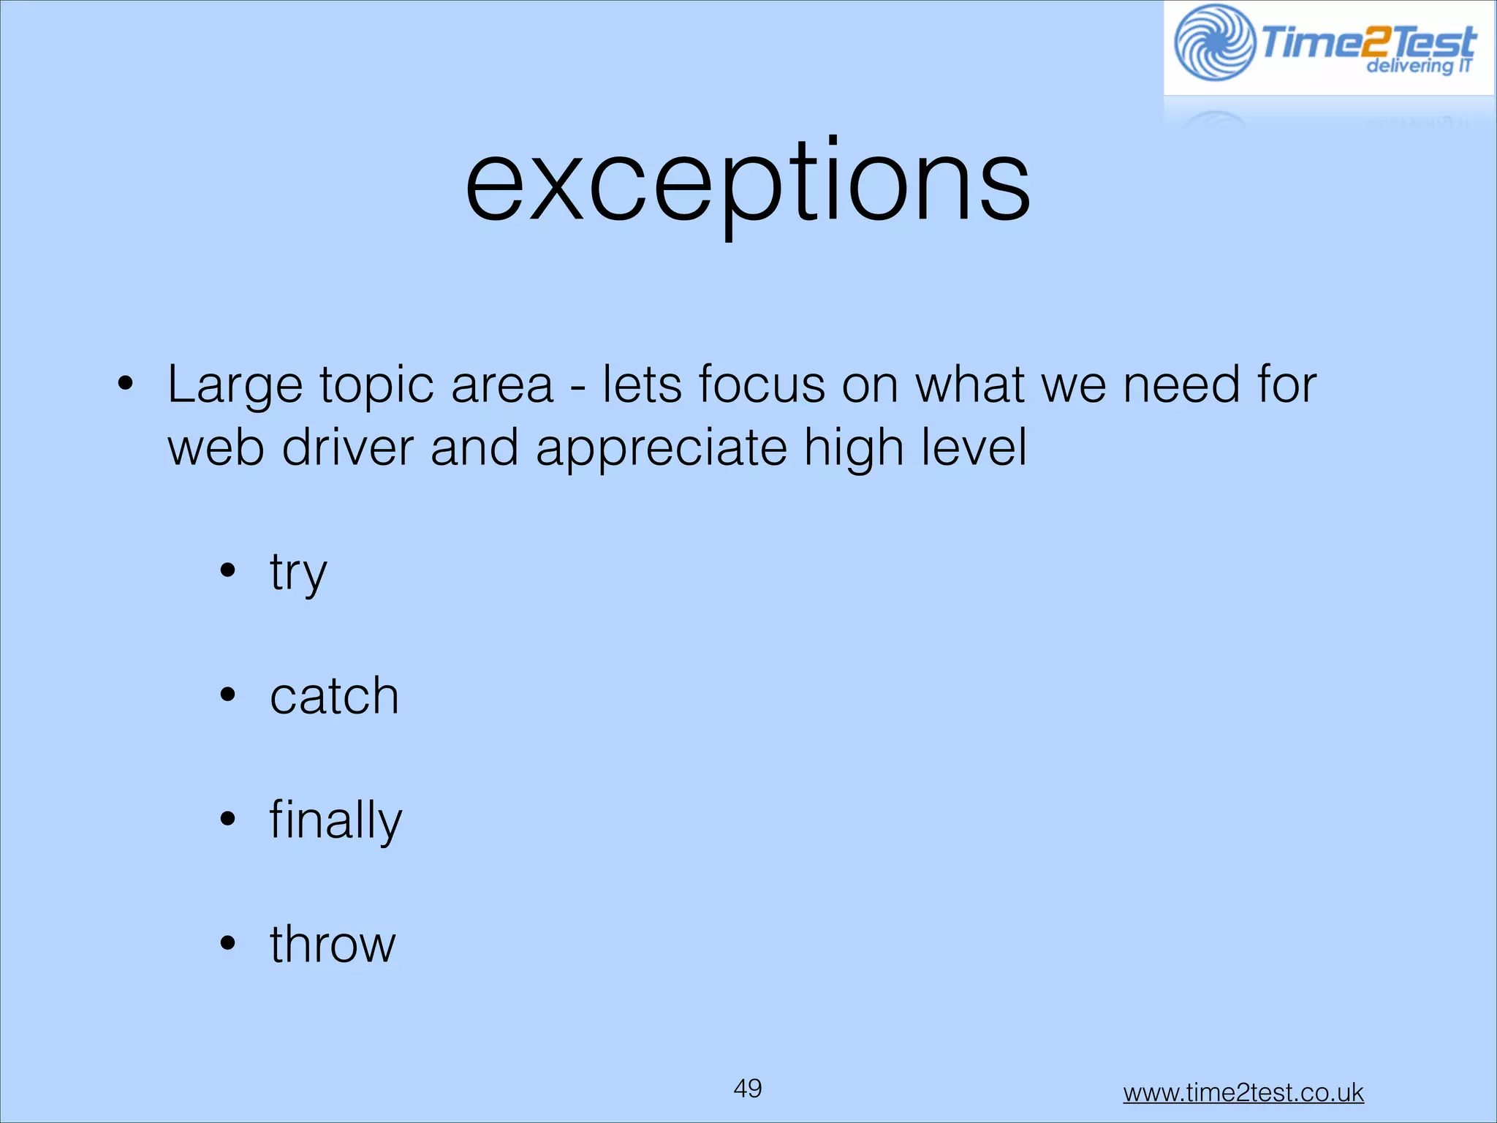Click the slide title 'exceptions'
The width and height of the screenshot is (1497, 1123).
click(747, 183)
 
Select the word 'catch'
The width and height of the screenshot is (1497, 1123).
click(334, 696)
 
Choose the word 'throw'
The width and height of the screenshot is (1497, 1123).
click(333, 945)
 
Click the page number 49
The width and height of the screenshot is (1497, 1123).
click(747, 1088)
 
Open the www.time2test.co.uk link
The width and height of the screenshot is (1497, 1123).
click(1243, 1092)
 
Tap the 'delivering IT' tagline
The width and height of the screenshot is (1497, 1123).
click(1418, 67)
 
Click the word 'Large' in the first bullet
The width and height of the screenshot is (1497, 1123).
click(235, 385)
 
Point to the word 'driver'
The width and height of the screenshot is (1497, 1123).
click(348, 447)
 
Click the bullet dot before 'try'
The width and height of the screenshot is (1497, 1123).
click(228, 570)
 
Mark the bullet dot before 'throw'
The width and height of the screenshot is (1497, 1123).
click(228, 943)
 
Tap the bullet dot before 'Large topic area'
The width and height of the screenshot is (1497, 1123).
click(126, 383)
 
